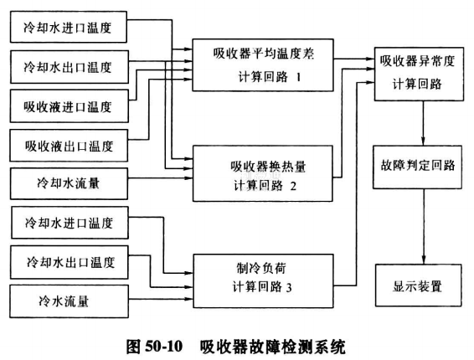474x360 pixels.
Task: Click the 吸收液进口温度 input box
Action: (x=70, y=105)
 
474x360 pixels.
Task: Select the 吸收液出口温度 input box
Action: (x=69, y=146)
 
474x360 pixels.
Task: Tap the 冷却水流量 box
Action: (x=69, y=184)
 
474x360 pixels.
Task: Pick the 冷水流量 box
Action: (x=69, y=301)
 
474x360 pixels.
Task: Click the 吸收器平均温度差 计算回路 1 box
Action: (x=263, y=65)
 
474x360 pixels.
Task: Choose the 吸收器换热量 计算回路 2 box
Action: (x=263, y=173)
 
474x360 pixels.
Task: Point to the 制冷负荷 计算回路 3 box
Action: (x=263, y=281)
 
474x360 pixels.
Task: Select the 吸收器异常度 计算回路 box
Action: (x=419, y=74)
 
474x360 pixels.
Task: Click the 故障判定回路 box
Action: (x=417, y=167)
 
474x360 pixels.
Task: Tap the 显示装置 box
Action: (x=419, y=285)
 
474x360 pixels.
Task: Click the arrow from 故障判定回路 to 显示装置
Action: (x=424, y=227)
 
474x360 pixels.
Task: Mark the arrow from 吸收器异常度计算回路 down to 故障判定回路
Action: (x=423, y=123)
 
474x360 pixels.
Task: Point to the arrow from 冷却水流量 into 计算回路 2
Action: (x=161, y=177)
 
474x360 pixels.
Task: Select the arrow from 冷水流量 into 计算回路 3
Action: (x=161, y=299)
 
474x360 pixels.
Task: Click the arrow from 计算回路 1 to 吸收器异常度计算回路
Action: (x=354, y=59)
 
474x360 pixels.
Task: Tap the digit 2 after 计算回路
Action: (x=293, y=186)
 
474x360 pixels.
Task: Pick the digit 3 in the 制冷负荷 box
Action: (x=289, y=287)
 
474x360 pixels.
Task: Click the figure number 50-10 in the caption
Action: (x=164, y=347)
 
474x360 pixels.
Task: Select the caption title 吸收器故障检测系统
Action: (x=272, y=347)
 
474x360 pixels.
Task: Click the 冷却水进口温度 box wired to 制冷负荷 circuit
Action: (x=70, y=223)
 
